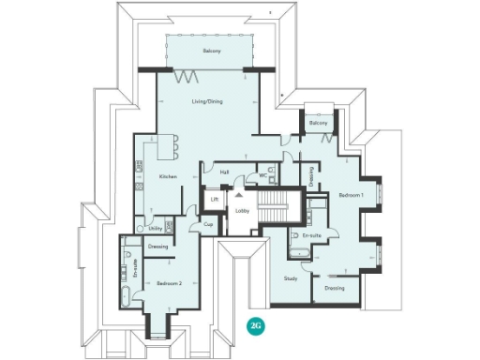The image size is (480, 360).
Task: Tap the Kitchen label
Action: pos(168,176)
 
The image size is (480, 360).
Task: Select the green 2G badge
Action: pos(254,325)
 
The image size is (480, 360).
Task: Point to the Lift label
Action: pos(215,200)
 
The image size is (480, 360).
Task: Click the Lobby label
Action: pos(241,210)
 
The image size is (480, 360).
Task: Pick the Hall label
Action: pos(224,172)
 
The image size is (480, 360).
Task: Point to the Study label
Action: pos(290,279)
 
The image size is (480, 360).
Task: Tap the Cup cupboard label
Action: pos(208,224)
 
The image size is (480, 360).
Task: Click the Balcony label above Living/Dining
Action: pos(211,51)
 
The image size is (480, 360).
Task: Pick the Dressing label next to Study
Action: pos(335,288)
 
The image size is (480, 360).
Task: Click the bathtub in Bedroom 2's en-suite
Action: pos(126,297)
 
